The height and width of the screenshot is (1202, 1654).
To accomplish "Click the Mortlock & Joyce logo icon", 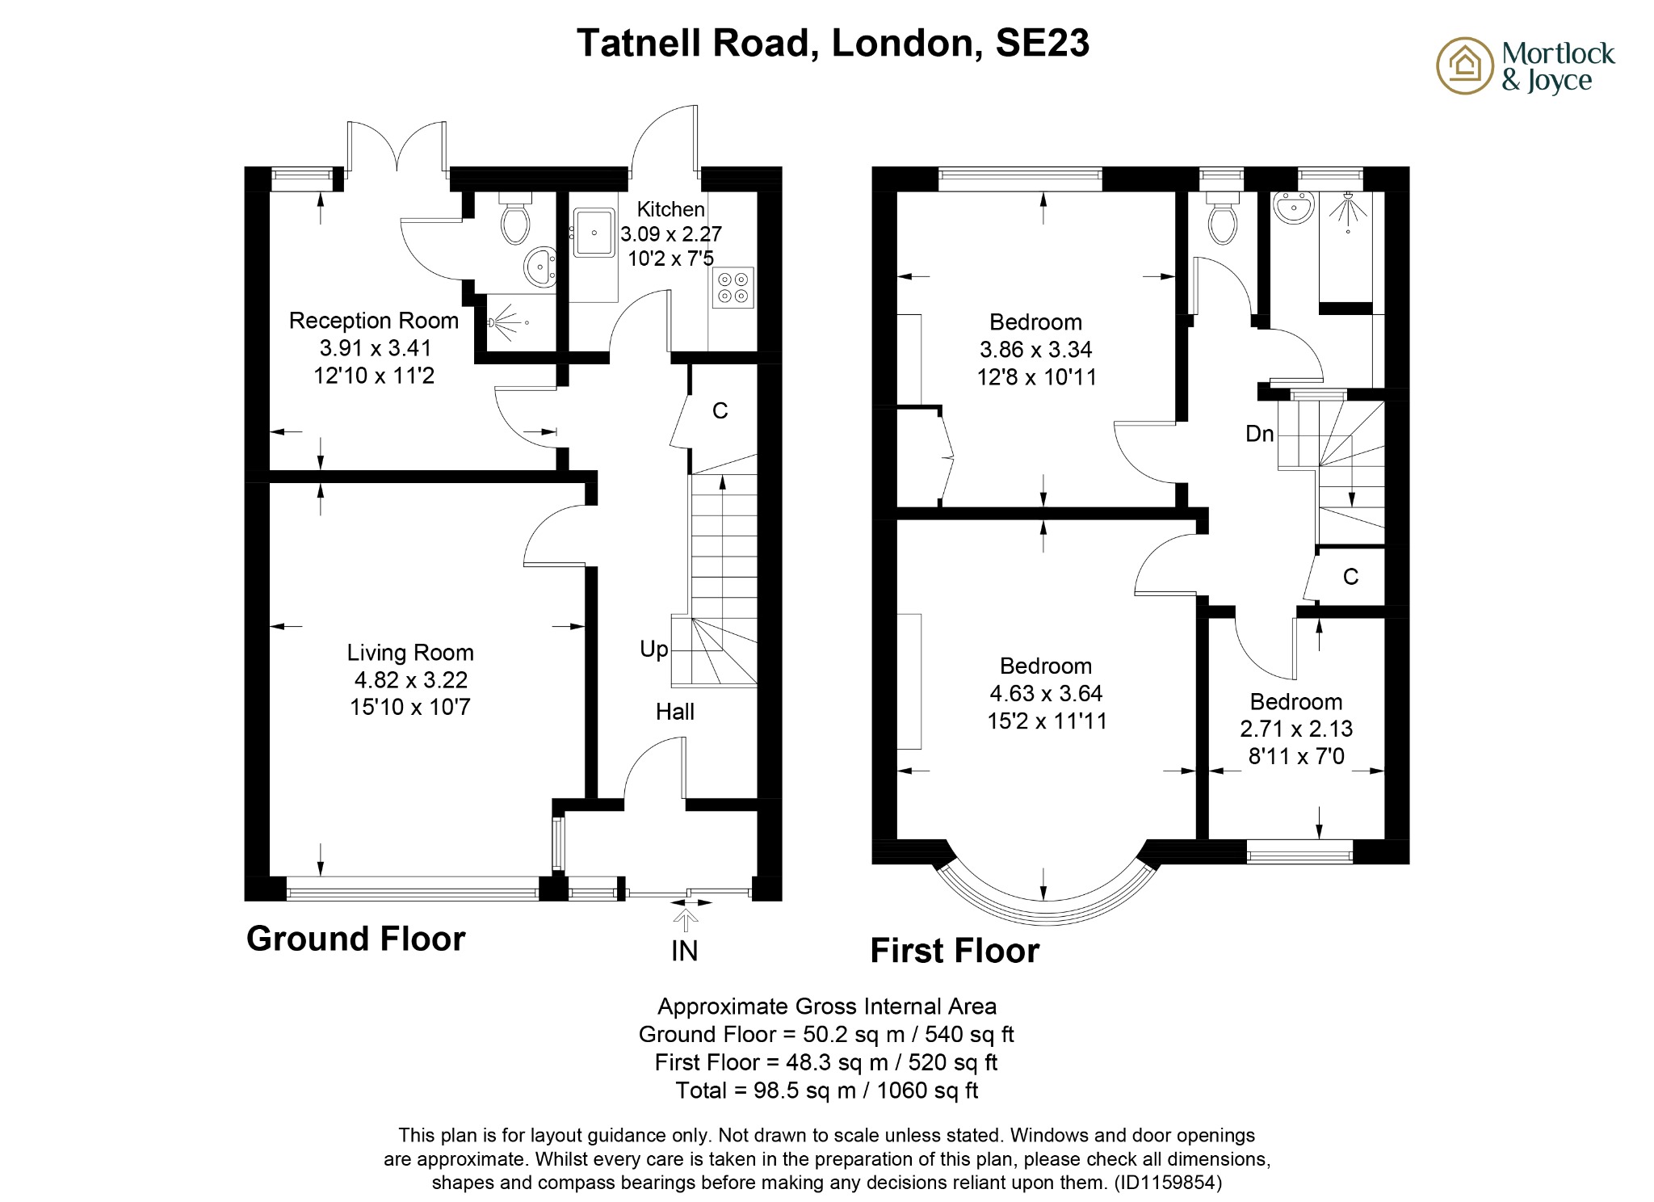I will pos(1464,65).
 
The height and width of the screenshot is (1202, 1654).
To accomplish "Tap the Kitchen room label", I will pos(670,209).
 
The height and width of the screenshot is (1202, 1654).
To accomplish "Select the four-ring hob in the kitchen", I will pos(733,288).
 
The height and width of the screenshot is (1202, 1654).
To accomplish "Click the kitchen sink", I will pos(594,233).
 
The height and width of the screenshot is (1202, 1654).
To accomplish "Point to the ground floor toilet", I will pos(514,219).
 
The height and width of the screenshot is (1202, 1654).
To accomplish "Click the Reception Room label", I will pos(373,321).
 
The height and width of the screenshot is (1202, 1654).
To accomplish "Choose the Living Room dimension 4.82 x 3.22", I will pos(410,680).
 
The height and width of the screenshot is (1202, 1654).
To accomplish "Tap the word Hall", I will pos(674,712).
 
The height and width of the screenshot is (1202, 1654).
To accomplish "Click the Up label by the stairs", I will pos(654,649).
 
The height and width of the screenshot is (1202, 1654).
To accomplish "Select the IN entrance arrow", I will pos(685,921).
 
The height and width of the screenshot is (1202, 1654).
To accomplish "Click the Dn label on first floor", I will pos(1259,434).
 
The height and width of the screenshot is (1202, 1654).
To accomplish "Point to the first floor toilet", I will pos(1222,221).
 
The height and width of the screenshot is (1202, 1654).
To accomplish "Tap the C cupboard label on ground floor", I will pos(720,411).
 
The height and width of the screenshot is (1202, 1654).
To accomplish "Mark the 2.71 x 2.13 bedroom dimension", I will pos(1295,729).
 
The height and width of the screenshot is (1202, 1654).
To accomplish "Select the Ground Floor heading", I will pos(355,939).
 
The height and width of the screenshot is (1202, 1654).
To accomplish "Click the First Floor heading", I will pos(954,951).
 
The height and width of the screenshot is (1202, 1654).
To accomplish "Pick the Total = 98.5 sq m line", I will pos(826,1091).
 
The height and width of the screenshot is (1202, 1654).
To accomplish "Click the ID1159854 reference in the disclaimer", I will pos(1168,1183).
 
